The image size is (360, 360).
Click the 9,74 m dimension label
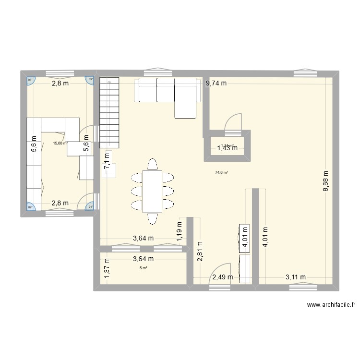point(216,84)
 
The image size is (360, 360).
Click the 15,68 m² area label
point(60,143)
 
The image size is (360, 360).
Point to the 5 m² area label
point(143,268)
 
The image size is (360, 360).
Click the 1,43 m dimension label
point(228,148)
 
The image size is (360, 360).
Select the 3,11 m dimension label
point(296,276)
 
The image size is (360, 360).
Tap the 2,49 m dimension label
point(223,277)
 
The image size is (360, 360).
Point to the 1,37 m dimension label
point(107,267)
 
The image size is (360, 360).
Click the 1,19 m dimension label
point(179,231)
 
